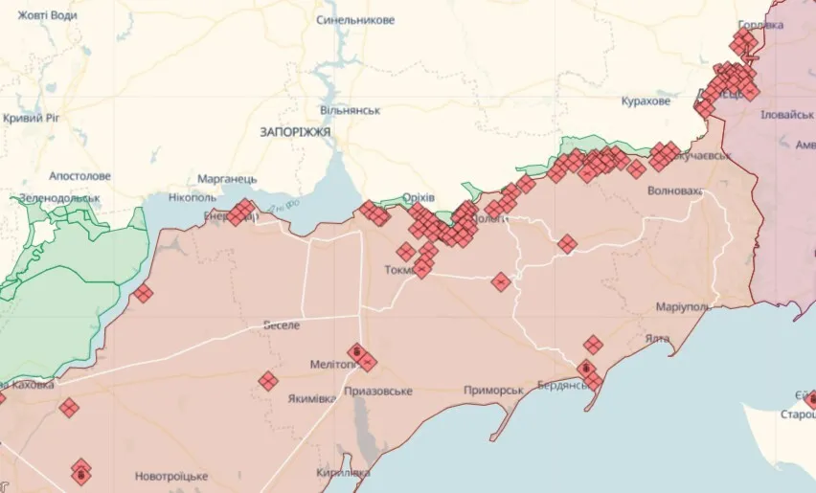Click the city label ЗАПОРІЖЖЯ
tap(295, 132)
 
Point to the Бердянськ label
tap(544, 385)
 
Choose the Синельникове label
tap(355, 19)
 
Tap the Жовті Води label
tap(37, 14)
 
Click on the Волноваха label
tap(674, 190)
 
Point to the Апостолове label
tap(80, 176)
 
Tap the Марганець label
tap(227, 179)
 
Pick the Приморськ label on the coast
tap(493, 391)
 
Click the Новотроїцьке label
tap(171, 476)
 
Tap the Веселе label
tap(282, 325)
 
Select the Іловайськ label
tap(786, 114)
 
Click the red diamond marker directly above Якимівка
tap(268, 382)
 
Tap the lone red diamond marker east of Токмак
tap(500, 281)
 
